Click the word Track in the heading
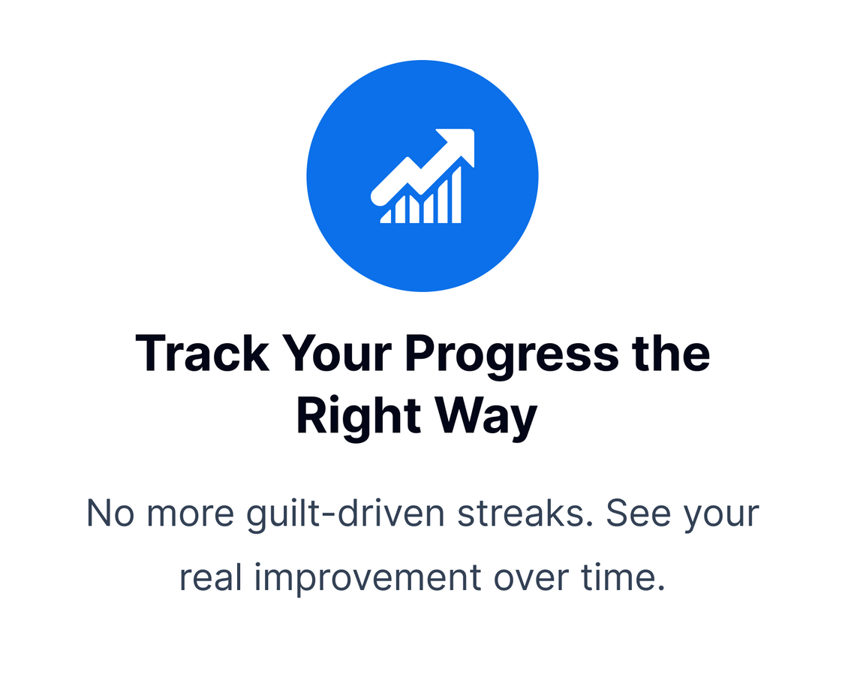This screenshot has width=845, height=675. [x=202, y=354]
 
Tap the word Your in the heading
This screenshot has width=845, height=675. [x=337, y=354]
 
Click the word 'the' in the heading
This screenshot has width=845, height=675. [x=671, y=353]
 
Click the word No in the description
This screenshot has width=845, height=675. [x=110, y=514]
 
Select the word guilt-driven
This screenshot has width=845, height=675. [x=345, y=515]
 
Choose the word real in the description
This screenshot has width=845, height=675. [x=211, y=577]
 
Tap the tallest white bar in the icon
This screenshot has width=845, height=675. [x=456, y=194]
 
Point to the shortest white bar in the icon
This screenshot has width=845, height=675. [x=386, y=217]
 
